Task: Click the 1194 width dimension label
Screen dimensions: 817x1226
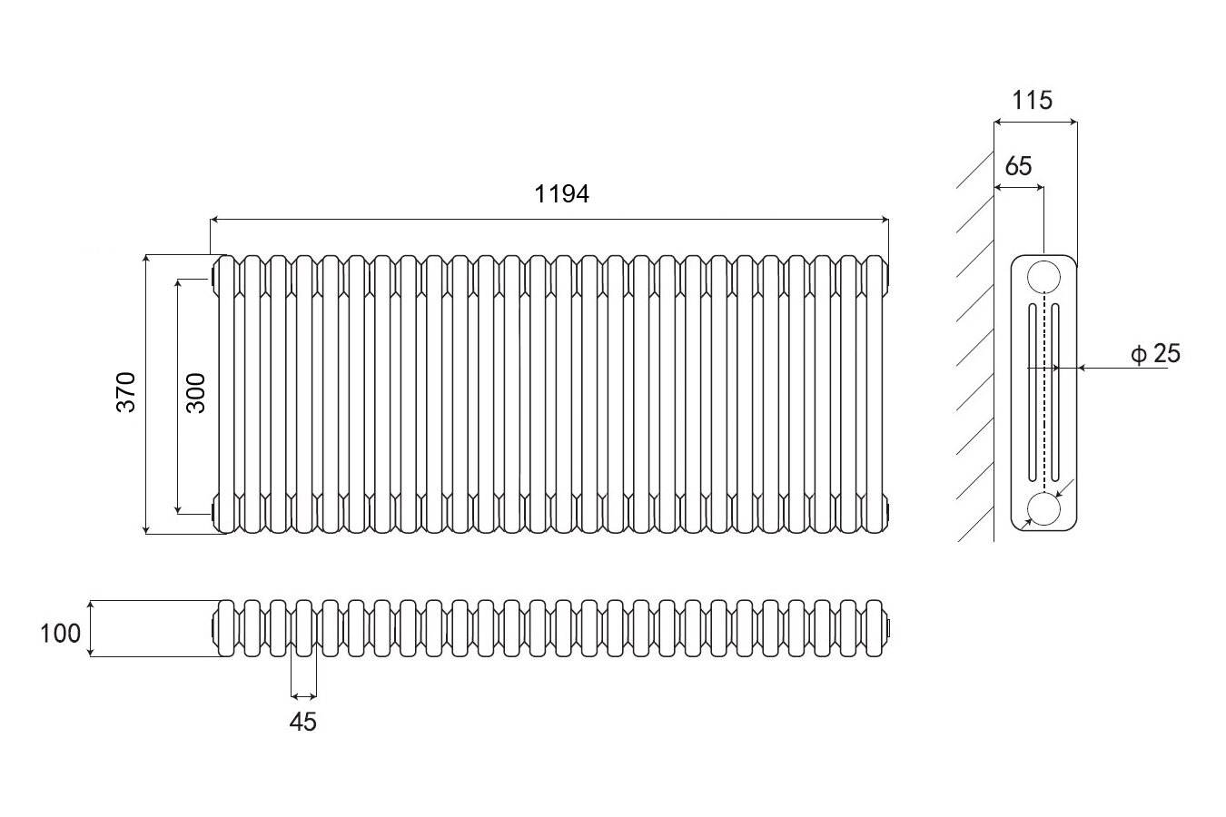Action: pos(562,193)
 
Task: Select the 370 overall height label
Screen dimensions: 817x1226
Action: pos(125,392)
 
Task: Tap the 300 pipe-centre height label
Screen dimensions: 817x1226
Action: pos(196,392)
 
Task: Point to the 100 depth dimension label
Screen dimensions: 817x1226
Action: pos(61,633)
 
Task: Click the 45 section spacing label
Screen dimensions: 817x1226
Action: pos(303,723)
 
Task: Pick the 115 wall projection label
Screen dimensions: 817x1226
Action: pos(1033,100)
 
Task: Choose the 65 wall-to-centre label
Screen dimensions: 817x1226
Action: pos(1019,166)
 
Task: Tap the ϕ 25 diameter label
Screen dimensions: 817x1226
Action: pos(1156,354)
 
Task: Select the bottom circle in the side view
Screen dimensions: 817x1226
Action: pos(1044,510)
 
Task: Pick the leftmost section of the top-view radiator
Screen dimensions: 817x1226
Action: pos(226,627)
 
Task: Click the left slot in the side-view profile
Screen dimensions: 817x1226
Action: pos(1033,392)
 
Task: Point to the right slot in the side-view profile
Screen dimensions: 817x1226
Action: pos(1056,392)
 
